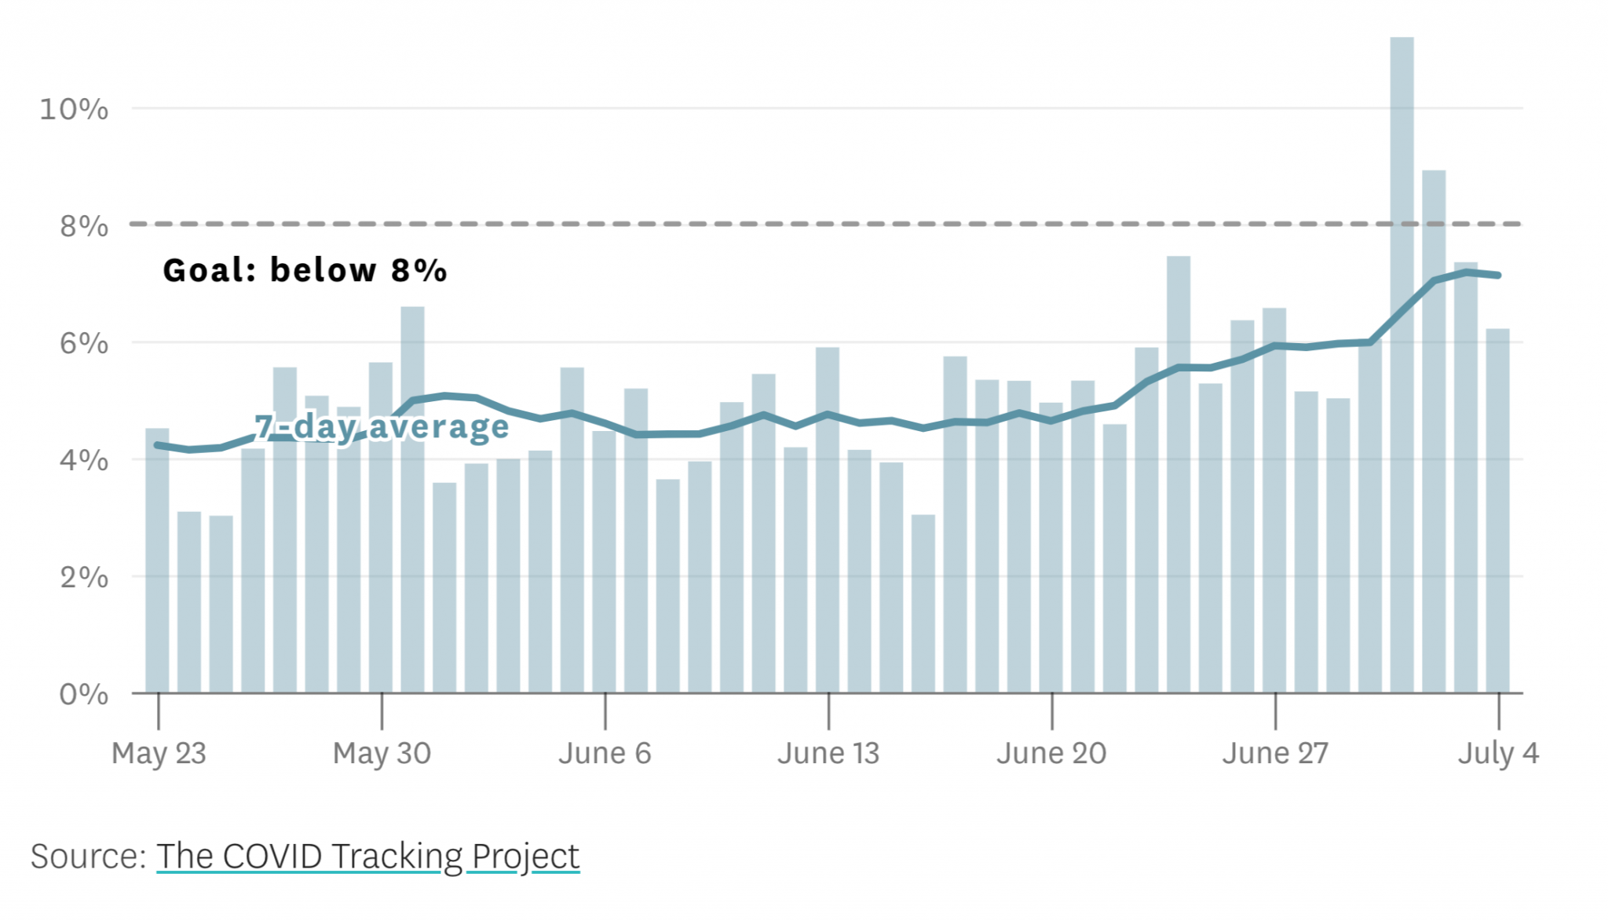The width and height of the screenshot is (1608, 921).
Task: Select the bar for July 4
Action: pos(1497,510)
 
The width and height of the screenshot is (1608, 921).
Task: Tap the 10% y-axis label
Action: pos(74,109)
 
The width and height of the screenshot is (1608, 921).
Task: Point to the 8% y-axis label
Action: pos(83,226)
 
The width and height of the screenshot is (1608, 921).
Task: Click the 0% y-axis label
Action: pos(83,694)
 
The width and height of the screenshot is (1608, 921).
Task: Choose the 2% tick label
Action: pos(83,578)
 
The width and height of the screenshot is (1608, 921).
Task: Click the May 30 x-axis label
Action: pos(382,753)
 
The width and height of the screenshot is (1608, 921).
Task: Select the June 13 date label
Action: pos(828,753)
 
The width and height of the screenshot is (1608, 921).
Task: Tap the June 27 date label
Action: pos(1275,753)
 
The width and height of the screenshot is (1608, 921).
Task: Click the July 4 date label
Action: pos(1498,753)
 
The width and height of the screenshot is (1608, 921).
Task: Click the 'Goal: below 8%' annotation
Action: pos(305,270)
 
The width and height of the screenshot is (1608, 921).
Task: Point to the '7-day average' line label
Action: pos(382,426)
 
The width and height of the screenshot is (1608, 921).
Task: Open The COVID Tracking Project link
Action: pos(367,856)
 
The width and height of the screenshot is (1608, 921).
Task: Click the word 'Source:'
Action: pos(88,856)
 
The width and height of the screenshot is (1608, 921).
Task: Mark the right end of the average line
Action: pos(1498,276)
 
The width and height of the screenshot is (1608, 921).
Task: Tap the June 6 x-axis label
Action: pos(605,753)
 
